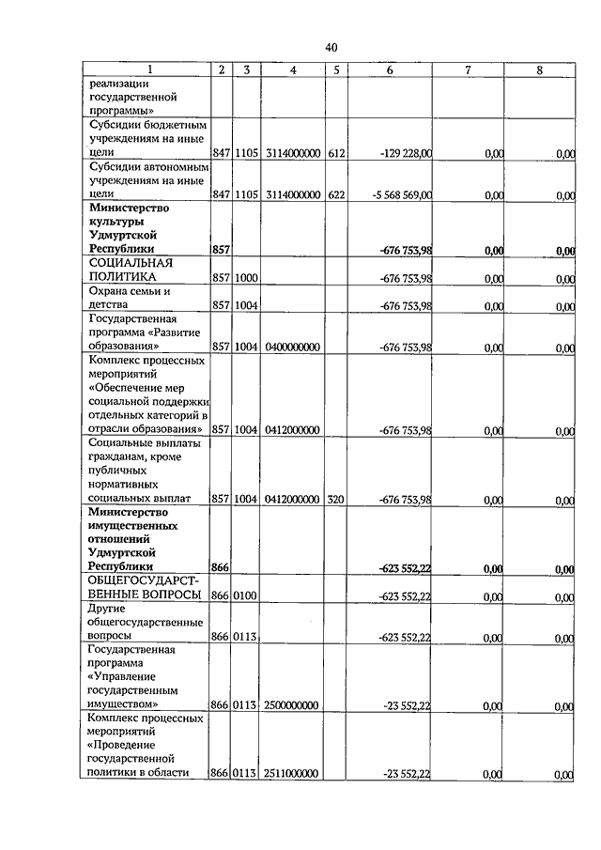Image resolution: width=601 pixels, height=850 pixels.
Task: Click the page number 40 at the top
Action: tap(331, 48)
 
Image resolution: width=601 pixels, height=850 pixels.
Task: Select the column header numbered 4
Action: tap(293, 70)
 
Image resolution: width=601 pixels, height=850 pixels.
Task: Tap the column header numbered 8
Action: tap(539, 70)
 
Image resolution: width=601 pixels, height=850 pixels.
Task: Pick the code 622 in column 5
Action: tap(335, 195)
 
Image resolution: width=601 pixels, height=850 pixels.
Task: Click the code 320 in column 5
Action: tap(335, 501)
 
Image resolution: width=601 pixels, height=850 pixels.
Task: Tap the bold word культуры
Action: tap(117, 221)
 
